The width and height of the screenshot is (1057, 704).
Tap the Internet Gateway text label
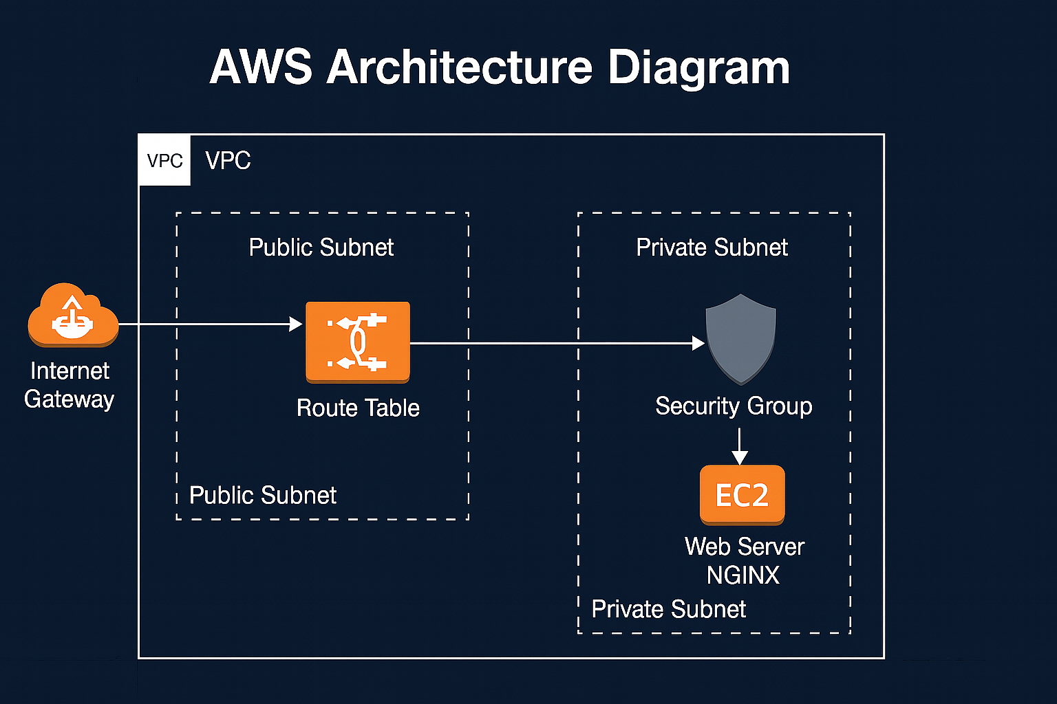click(x=70, y=385)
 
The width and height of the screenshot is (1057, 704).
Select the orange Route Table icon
click(x=357, y=342)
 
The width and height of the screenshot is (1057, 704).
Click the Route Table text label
click(x=358, y=408)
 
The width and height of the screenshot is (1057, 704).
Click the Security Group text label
click(x=734, y=406)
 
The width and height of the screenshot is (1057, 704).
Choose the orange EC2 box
click(x=742, y=495)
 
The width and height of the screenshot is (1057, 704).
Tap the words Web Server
click(x=745, y=547)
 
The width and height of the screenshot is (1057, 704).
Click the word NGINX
click(x=743, y=575)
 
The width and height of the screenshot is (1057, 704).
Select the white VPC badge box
click(x=164, y=161)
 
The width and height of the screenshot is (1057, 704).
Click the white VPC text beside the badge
click(x=228, y=161)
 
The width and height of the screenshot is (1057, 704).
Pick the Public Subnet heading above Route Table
click(x=321, y=247)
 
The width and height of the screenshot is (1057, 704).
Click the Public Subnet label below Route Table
click(x=263, y=496)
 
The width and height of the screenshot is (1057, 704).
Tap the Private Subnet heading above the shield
click(x=712, y=247)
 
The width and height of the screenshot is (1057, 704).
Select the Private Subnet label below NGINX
click(x=669, y=610)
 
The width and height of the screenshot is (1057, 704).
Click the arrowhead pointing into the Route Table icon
click(x=297, y=324)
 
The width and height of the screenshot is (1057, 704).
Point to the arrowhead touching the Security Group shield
click(x=698, y=343)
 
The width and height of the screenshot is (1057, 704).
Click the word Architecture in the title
click(x=459, y=67)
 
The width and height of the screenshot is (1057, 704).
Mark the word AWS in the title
click(x=261, y=67)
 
